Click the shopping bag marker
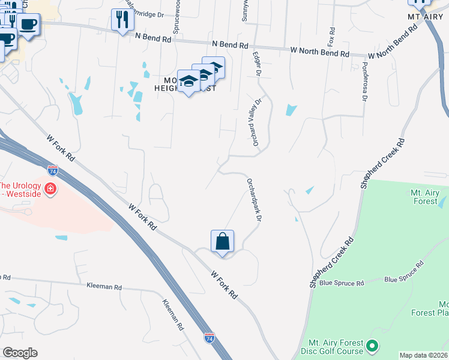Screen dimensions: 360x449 tap(222, 242)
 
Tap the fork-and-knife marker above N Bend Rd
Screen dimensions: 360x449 tap(123, 20)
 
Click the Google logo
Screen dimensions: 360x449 tap(20, 353)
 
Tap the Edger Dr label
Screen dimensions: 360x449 tap(258, 64)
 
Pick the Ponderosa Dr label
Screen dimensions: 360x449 tap(364, 83)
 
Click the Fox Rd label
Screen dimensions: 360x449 tap(331, 36)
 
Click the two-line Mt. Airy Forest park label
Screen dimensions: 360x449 tap(424, 197)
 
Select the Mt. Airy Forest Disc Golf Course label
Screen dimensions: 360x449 tap(335, 347)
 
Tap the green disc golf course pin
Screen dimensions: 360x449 tap(372, 346)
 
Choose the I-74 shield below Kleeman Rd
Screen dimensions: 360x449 tap(209, 338)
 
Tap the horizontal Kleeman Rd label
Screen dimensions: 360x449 tap(104, 287)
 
